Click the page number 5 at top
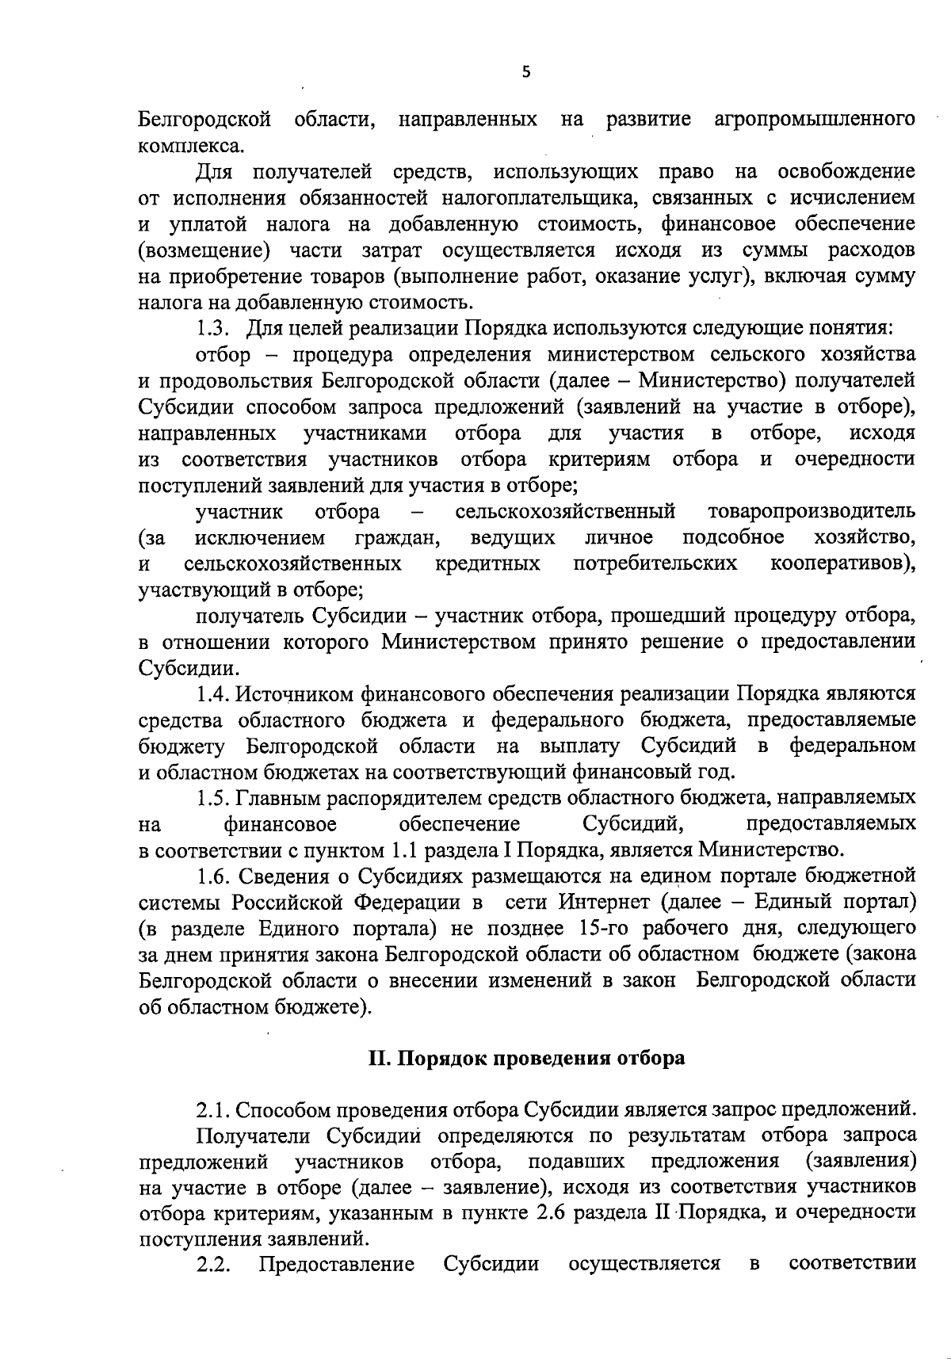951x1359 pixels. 525,73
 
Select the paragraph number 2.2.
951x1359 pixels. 213,1264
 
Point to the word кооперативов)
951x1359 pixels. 844,564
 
